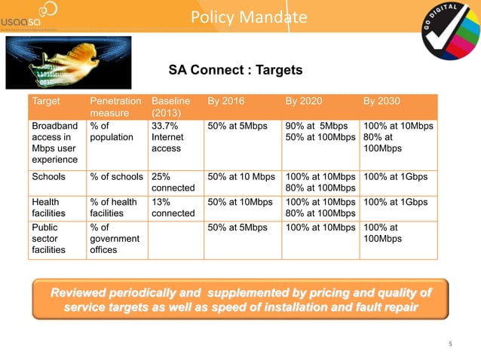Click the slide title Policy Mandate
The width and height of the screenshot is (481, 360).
[x=248, y=17]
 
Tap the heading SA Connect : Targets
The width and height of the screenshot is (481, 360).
[x=234, y=70]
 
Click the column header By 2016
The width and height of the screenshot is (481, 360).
[x=225, y=101]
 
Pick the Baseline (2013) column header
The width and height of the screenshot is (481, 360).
[x=171, y=107]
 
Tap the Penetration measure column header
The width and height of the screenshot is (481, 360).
[x=115, y=107]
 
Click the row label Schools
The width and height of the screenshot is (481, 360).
[x=49, y=177]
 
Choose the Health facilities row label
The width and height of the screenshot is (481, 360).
[x=51, y=208]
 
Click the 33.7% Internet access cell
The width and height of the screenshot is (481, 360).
[x=170, y=139]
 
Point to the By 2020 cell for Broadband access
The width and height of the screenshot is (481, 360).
[x=320, y=133]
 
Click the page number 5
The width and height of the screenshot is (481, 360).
[x=450, y=344]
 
